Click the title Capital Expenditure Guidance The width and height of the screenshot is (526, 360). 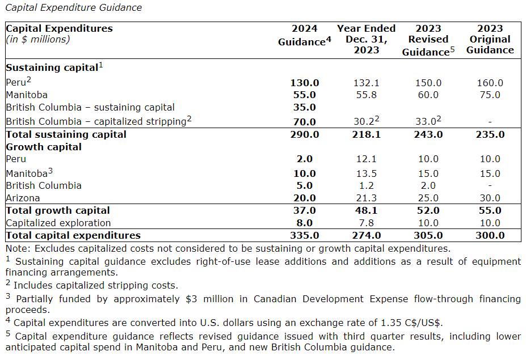pos(73,7)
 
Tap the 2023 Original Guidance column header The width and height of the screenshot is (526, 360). pos(490,39)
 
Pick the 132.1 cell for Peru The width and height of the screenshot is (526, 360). pos(366,83)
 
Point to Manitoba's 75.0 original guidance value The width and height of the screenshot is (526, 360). pos(490,95)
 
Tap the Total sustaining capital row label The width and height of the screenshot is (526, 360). pos(66,134)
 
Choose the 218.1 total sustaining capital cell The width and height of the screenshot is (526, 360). pos(366,134)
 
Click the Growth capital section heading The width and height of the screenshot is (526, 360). pos(44,147)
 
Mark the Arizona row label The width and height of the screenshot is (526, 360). pos(23,198)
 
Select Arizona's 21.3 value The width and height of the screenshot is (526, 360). pos(366,198)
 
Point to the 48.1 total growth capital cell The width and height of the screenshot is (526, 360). pos(366,210)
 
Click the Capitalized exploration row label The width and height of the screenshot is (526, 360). pos(58,223)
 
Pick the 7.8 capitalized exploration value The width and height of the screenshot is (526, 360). pos(366,223)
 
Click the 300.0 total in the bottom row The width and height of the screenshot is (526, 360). pos(490,235)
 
